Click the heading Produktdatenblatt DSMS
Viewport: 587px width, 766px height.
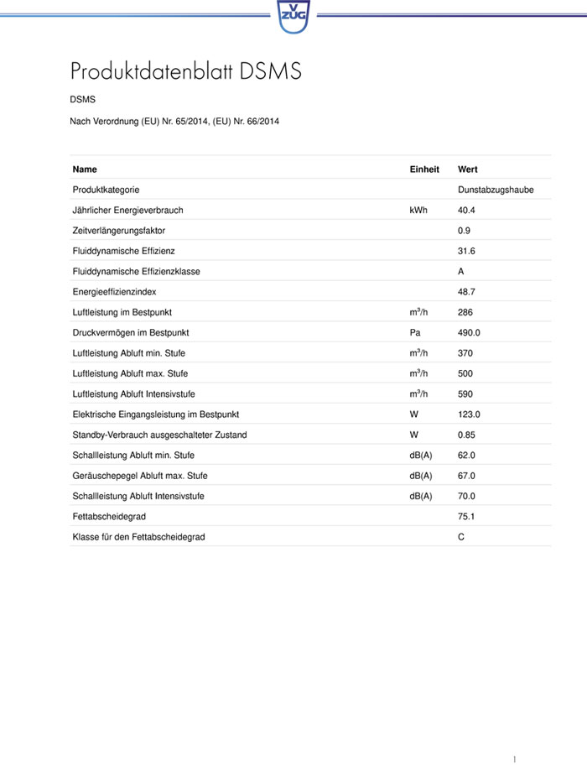[185, 71]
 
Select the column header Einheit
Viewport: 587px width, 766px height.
[424, 169]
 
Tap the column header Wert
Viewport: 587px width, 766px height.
[467, 169]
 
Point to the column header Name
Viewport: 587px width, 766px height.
[85, 169]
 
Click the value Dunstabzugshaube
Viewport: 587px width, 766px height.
[496, 190]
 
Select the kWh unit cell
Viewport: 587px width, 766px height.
[418, 210]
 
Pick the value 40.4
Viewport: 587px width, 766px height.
[466, 210]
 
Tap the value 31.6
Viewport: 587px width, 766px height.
[466, 251]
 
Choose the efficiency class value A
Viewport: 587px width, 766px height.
[461, 271]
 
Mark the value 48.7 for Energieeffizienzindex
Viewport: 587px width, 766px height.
[466, 291]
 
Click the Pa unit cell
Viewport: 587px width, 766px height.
[414, 332]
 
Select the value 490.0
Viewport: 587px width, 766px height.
[469, 332]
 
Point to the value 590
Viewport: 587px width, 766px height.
[465, 393]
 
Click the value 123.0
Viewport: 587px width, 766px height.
[469, 414]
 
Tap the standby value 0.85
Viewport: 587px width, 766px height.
[467, 435]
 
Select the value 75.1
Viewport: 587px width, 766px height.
[466, 516]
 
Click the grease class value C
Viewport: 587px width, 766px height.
[461, 536]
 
